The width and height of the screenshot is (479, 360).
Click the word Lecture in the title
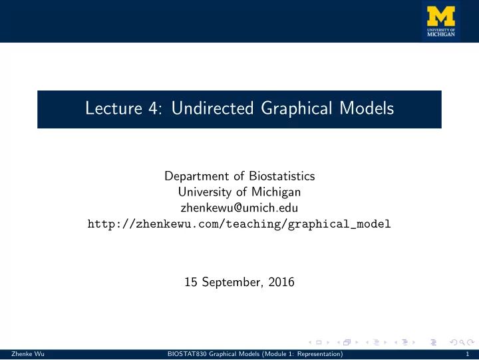coord(109,110)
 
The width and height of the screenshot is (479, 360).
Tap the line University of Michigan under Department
coord(239,192)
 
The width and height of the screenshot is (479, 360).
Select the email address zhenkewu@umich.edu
coord(239,208)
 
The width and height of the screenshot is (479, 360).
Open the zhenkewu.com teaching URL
coord(239,224)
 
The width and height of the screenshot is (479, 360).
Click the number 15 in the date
coord(191,281)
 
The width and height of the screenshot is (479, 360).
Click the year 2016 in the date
coord(281,281)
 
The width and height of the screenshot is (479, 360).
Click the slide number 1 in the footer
coord(470,355)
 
